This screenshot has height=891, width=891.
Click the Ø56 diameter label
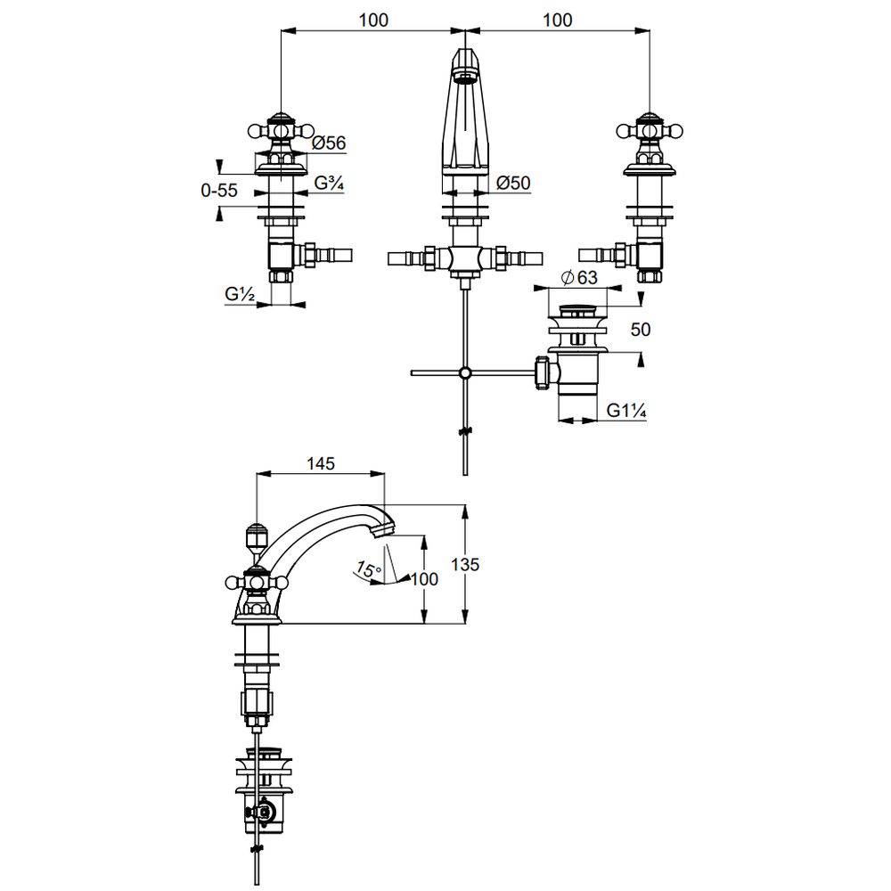330,143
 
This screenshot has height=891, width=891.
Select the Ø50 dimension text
513,183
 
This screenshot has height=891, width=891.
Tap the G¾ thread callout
330,184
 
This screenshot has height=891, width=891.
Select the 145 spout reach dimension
320,463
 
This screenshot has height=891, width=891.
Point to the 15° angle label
368,568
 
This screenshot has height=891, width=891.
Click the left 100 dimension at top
375,20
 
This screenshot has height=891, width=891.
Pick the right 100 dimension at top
557,20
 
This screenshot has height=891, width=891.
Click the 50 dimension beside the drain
641,329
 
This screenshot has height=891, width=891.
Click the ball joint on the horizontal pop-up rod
463,372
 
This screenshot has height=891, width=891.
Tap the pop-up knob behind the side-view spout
256,536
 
